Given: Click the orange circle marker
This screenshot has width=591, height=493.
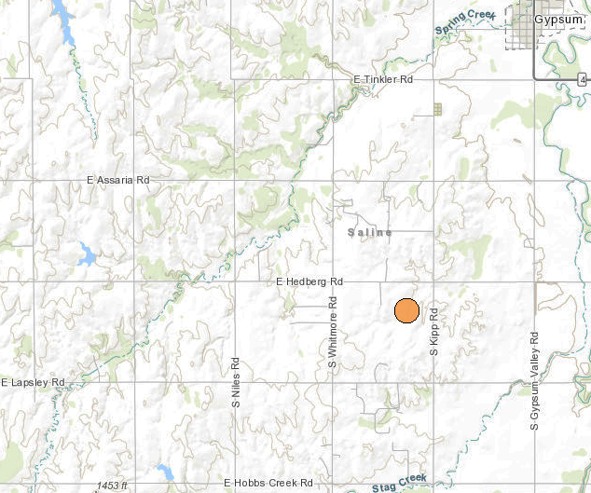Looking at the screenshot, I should (406, 311).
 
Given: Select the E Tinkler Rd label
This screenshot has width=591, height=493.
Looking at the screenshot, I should (382, 81).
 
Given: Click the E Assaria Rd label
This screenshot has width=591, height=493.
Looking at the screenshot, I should (117, 179).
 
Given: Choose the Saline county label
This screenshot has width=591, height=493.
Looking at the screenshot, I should (370, 232).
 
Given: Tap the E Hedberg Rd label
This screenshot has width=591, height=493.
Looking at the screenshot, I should (309, 281).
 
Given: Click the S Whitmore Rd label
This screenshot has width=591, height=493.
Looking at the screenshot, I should (332, 333).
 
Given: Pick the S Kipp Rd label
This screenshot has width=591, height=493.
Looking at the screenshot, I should (433, 328).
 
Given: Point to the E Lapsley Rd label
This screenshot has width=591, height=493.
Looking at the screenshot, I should (33, 382).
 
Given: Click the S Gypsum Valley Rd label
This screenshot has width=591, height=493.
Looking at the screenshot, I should (535, 380).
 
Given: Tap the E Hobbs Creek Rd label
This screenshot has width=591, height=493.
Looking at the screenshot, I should (267, 483).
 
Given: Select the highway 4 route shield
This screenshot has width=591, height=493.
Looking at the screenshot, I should (584, 81).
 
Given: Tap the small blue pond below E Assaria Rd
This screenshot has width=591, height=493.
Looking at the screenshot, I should (87, 253).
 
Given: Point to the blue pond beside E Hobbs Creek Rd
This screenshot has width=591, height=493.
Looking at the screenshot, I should (165, 471).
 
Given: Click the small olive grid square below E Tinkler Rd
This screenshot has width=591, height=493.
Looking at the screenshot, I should (437, 109).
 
